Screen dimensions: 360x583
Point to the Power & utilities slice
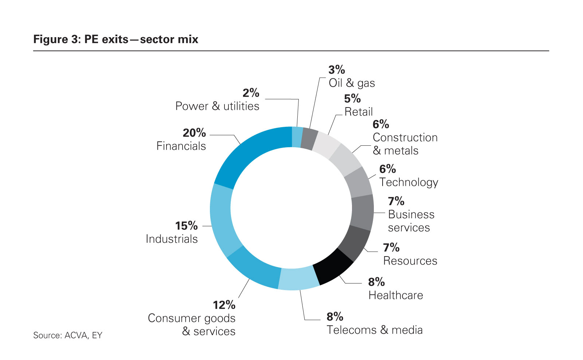297,137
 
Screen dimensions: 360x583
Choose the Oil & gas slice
310,139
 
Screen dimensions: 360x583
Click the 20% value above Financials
194,133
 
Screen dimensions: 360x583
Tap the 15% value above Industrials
186,226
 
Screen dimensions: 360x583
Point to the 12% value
224,305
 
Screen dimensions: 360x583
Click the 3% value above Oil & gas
336,70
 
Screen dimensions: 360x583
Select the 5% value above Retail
352,98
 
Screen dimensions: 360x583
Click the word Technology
408,182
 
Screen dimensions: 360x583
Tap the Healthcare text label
396,295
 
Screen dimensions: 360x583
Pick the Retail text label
359,112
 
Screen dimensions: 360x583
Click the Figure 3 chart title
116,39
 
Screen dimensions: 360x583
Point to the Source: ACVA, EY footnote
68,335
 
